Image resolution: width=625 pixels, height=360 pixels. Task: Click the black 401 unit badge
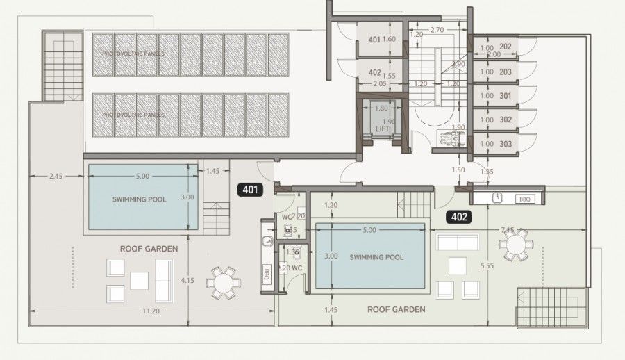250,188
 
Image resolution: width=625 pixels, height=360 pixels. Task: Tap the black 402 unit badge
459,217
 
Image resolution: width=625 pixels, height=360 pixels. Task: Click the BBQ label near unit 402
524,199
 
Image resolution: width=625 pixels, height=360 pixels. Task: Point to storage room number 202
505,47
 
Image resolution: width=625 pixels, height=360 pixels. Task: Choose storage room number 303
505,144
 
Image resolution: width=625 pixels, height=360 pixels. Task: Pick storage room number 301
505,96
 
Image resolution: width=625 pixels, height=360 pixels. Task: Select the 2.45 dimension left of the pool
56,176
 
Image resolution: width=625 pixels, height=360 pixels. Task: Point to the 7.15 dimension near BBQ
506,229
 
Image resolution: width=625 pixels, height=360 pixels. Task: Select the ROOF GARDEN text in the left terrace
149,248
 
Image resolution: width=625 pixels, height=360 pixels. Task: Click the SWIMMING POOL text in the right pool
376,257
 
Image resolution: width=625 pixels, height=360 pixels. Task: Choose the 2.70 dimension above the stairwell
437,30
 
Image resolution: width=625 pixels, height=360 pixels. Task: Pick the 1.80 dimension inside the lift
381,108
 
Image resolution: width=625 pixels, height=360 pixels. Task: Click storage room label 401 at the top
374,40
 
